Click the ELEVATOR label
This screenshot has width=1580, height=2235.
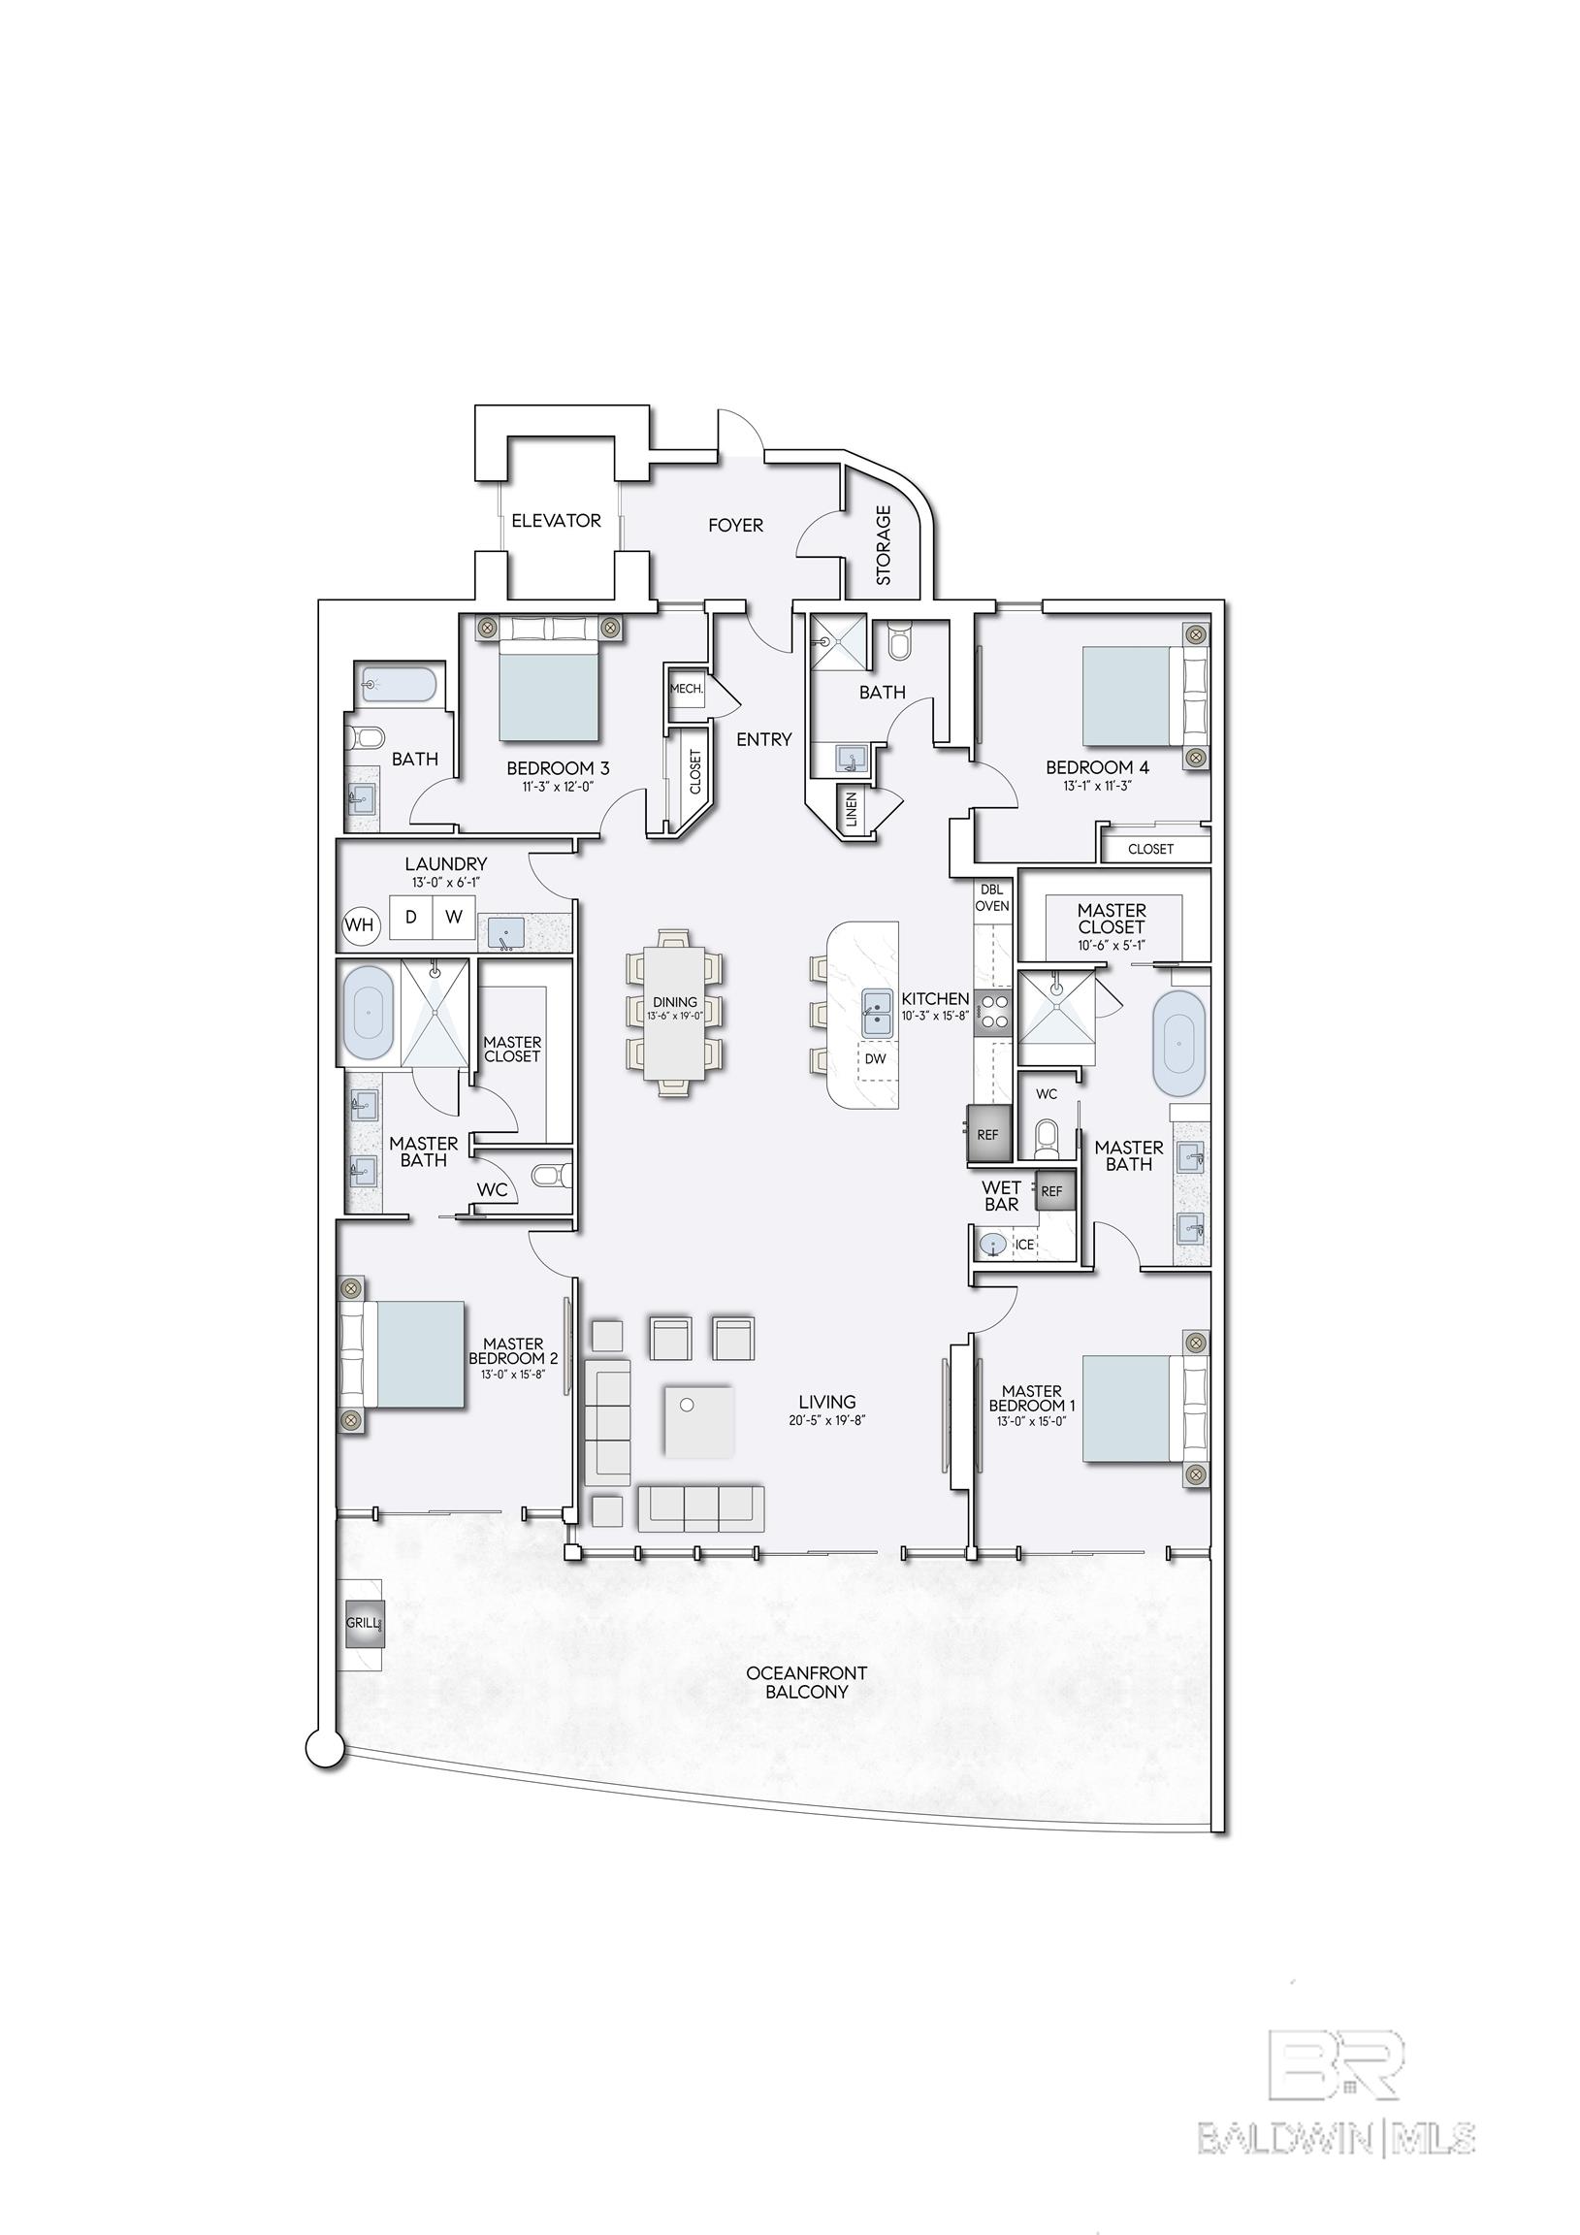tap(556, 521)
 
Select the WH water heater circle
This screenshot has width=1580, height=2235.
tap(359, 924)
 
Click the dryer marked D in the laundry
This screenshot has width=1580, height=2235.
tap(411, 917)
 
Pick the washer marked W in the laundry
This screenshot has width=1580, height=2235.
tap(454, 917)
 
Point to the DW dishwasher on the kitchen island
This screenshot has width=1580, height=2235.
tap(875, 1059)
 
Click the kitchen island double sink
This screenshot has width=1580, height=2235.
tap(877, 1013)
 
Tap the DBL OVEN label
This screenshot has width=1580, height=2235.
tap(992, 897)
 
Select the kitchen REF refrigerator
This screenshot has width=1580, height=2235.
tap(988, 1134)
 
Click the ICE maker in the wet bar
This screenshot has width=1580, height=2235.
tap(1024, 1245)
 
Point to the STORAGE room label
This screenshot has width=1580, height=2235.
tap(884, 544)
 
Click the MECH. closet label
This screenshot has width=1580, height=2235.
tap(687, 688)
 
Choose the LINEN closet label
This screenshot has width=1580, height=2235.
tap(852, 810)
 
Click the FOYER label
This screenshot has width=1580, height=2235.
tap(735, 526)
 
